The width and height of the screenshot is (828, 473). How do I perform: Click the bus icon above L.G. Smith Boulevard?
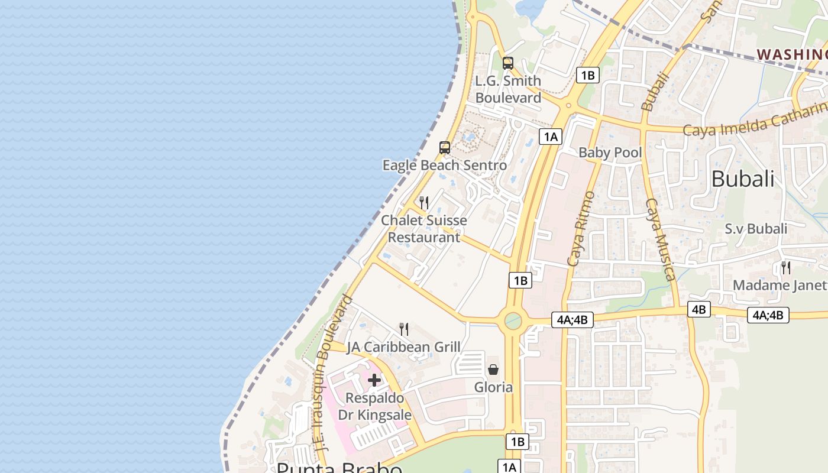pos(507,63)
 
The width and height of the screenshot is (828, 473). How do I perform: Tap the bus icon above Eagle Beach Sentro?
pos(445,148)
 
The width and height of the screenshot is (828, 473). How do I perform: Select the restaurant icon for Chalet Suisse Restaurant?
pos(423,203)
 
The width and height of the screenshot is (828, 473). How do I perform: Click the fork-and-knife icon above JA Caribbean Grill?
pos(404,329)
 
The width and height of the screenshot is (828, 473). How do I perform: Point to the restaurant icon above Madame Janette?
pos(785,267)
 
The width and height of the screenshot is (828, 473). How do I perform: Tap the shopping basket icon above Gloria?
pos(493,370)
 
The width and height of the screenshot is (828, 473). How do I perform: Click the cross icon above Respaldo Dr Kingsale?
pos(374,380)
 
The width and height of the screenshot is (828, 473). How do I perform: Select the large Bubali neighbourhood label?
pos(742,179)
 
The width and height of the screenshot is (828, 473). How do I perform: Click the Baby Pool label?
pos(610,153)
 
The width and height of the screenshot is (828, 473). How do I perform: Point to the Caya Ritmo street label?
pos(580,228)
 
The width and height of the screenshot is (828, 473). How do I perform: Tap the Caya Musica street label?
pos(660,239)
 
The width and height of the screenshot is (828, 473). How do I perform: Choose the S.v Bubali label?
pos(756,229)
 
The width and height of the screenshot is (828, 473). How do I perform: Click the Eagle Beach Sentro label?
pos(444,165)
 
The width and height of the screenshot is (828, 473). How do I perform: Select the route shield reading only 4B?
pos(699,309)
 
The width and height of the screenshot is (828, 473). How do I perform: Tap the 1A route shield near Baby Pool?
pos(551,137)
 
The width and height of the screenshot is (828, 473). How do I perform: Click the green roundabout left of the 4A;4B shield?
pos(512,321)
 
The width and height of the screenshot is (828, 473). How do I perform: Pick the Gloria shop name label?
pos(493,387)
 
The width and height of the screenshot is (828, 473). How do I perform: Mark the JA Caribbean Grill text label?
pos(403,347)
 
